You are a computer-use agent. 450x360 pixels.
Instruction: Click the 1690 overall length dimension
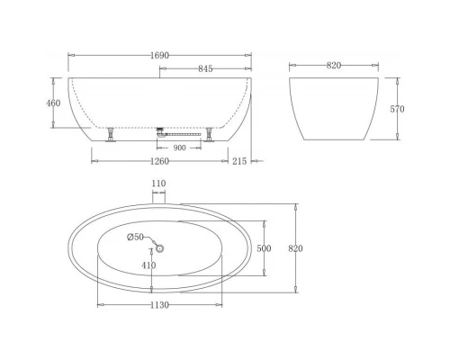pos(161,55)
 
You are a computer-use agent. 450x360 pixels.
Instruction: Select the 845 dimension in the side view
pos(206,68)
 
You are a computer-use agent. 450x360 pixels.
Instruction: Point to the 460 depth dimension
pos(53,103)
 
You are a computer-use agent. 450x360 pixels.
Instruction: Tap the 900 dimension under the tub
pos(179,148)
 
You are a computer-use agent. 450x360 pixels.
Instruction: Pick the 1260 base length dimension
pos(159,162)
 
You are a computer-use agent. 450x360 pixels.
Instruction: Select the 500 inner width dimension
pos(264,247)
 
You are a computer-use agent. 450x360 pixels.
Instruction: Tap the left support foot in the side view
pos(111,135)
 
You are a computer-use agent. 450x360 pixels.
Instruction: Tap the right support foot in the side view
pos(210,135)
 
